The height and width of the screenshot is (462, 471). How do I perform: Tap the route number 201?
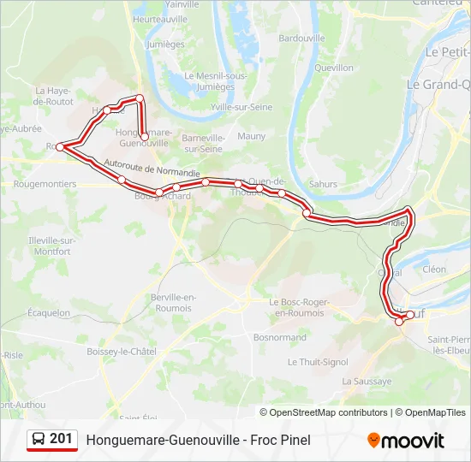click(x=61, y=439)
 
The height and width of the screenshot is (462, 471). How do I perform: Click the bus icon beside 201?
click(x=39, y=440)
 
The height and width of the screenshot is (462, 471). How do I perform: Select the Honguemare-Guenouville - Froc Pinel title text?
click(x=198, y=440)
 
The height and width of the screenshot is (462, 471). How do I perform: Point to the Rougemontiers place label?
click(x=45, y=184)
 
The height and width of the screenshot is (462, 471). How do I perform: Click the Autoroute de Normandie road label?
click(x=152, y=166)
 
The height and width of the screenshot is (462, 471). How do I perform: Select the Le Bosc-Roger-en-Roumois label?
click(x=301, y=307)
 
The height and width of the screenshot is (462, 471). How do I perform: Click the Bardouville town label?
click(x=302, y=38)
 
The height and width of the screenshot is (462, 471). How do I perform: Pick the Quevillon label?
click(x=334, y=67)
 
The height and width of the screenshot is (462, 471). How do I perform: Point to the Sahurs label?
click(x=323, y=184)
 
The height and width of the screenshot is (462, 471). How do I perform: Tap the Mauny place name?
click(x=252, y=136)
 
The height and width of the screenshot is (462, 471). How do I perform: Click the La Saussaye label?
click(x=367, y=381)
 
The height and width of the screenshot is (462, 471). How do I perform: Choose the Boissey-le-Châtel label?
click(x=122, y=352)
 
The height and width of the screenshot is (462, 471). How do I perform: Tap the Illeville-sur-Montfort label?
click(x=52, y=246)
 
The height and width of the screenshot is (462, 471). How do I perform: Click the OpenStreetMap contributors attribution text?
click(x=328, y=412)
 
